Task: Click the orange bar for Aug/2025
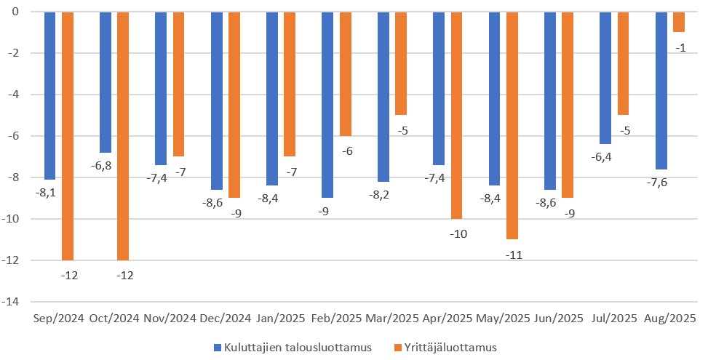tap(679, 22)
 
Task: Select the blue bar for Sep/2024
tap(50, 95)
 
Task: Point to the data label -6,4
tap(601, 157)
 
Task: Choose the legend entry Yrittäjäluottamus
tap(445, 348)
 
